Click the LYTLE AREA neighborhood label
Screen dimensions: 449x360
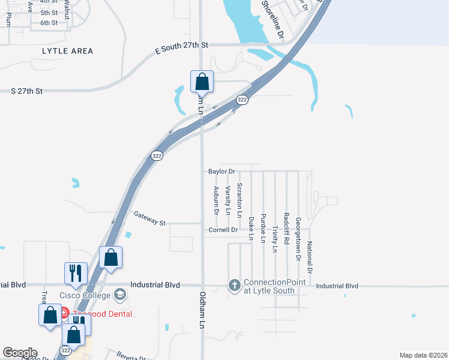[x=68, y=51]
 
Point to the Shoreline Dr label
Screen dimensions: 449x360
[x=272, y=19]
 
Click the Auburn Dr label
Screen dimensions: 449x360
[x=216, y=200]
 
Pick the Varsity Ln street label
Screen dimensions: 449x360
[x=228, y=200]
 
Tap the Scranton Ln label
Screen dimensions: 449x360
[x=240, y=200]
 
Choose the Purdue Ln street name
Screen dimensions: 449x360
[x=263, y=230]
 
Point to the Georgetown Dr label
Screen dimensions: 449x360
[x=298, y=239]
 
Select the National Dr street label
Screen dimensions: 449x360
[x=310, y=257]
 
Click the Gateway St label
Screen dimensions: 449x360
[x=149, y=218]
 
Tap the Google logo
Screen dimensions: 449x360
[x=19, y=353]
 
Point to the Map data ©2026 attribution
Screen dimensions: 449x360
[x=423, y=355]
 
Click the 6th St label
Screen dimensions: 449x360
[x=49, y=23]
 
